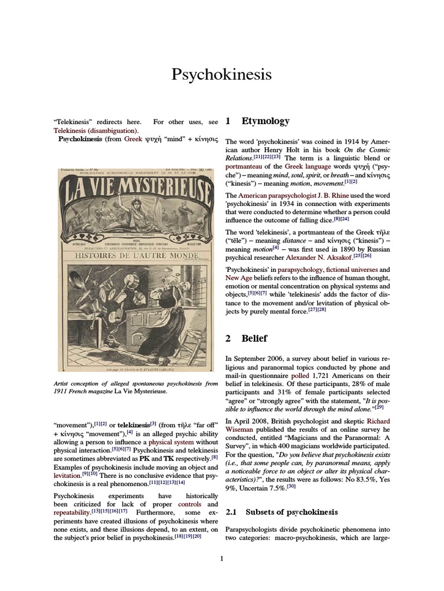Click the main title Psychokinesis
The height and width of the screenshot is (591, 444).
coord(221,75)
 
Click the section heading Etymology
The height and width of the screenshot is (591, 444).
coord(265,121)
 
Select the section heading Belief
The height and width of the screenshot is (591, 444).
coord(254,338)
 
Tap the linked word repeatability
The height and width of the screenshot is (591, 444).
coord(72,512)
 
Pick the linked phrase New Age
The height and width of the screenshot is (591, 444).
coord(239,278)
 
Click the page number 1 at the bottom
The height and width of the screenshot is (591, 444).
coord(221,558)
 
